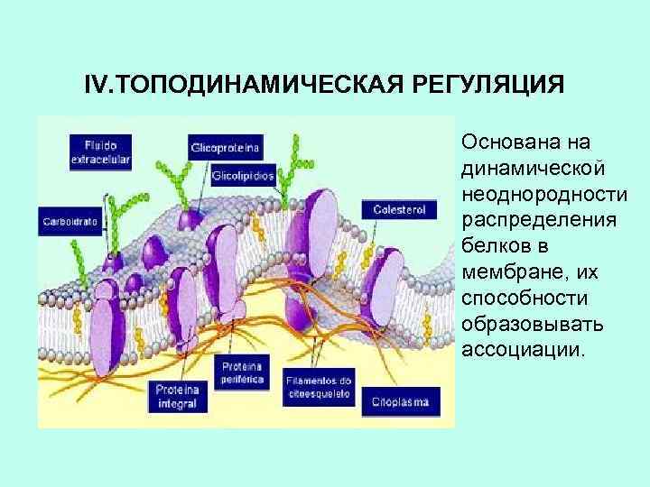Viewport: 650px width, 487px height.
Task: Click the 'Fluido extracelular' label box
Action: click(102, 152)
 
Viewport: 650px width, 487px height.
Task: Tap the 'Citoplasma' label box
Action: click(400, 401)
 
